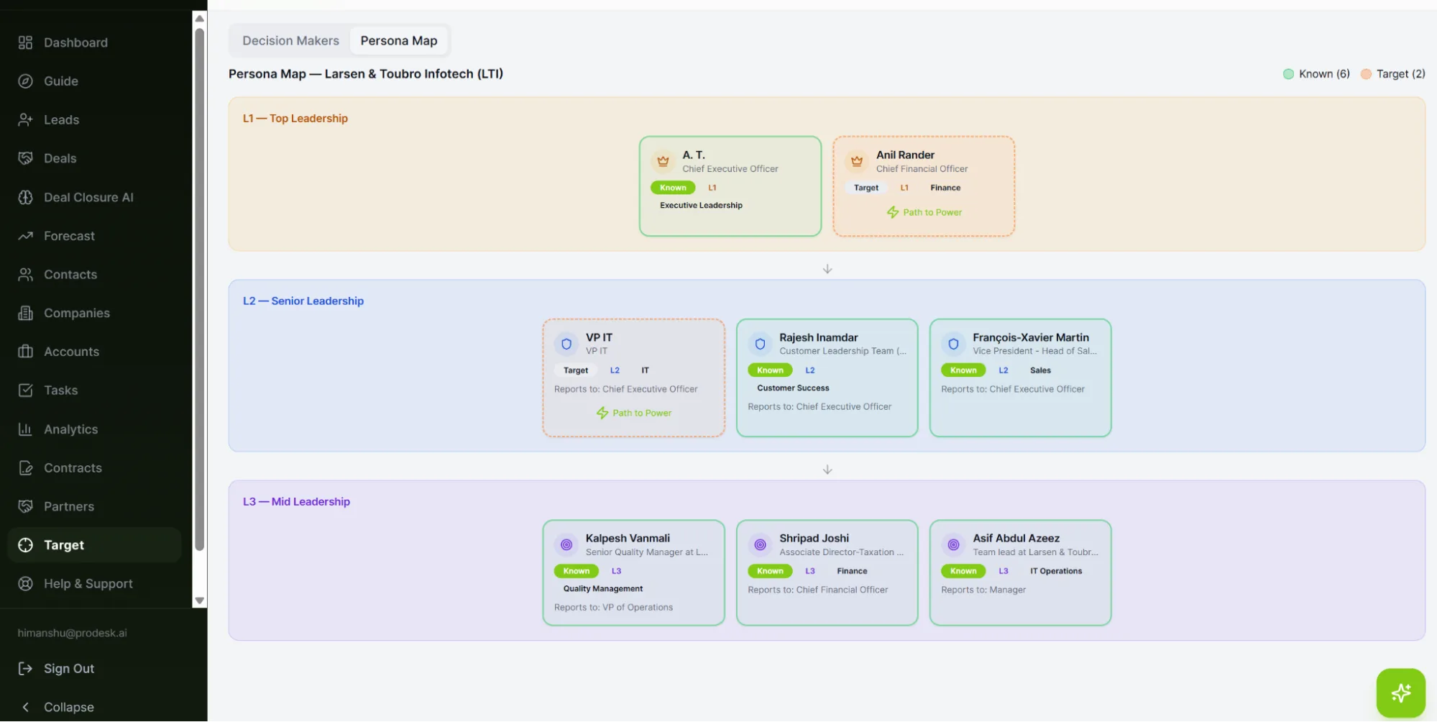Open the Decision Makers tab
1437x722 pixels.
point(290,41)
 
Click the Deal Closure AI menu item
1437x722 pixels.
point(88,197)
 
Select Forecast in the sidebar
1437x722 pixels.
point(69,236)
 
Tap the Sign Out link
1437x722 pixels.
point(69,669)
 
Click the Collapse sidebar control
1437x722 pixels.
point(68,708)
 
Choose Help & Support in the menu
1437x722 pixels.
point(88,584)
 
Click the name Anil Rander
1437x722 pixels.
point(905,155)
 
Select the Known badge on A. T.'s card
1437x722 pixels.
point(673,188)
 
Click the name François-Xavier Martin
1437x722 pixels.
point(1031,338)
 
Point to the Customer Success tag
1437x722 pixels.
point(793,388)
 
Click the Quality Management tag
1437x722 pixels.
point(603,589)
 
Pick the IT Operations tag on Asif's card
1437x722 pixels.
point(1056,572)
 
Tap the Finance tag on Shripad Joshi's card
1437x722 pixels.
point(852,572)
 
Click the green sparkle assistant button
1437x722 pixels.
point(1400,693)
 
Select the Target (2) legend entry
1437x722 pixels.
point(1392,74)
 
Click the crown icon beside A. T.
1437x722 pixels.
point(663,162)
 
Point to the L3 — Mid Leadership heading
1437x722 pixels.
point(296,502)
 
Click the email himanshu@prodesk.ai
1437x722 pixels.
point(72,634)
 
